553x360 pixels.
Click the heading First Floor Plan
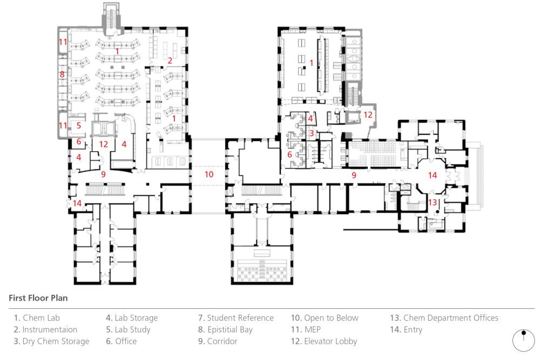point(38,297)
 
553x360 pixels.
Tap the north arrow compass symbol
point(523,340)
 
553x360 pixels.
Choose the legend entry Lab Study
point(128,329)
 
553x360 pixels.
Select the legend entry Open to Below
point(325,318)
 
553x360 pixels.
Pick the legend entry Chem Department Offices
point(444,318)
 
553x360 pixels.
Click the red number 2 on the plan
point(170,60)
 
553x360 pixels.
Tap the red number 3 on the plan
point(312,133)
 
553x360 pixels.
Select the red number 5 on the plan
point(78,125)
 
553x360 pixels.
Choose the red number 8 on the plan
point(62,74)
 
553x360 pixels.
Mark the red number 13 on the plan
point(432,202)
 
